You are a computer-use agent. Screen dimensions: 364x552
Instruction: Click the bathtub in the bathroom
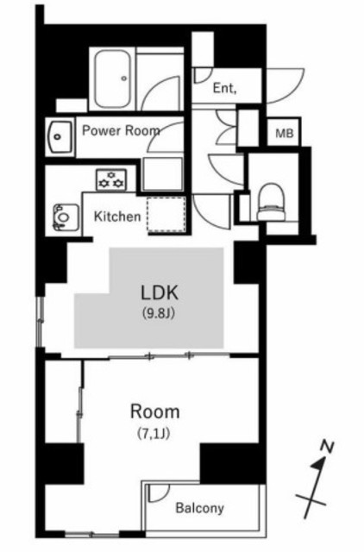113,78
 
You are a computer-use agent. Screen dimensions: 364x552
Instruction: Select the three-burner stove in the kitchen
111,179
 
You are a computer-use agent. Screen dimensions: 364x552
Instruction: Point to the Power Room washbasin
60,137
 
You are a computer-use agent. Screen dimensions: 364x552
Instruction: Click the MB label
285,134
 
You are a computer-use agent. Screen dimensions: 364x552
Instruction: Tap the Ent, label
224,88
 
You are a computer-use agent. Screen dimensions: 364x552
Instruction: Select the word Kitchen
117,216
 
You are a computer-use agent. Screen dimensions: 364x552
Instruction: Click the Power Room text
121,130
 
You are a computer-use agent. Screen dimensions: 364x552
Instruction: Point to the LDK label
160,292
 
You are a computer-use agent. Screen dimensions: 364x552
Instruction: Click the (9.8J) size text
159,312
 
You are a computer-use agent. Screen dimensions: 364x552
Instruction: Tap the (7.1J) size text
154,434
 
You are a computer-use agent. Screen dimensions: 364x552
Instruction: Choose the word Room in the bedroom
155,412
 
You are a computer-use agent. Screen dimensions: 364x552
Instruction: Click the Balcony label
199,508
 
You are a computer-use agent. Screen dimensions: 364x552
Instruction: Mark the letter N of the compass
327,447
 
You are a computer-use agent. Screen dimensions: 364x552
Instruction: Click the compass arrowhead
319,464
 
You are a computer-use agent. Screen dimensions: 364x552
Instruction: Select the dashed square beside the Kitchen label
166,215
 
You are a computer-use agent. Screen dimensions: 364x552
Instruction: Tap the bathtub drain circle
124,78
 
